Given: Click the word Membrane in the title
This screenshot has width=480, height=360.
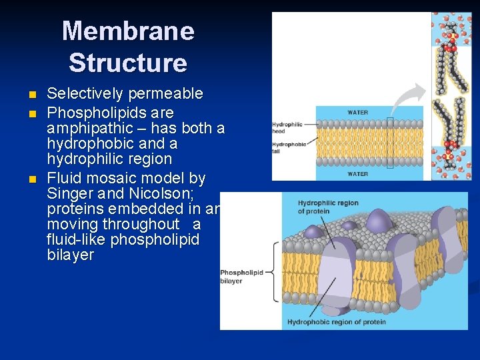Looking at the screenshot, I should [128, 31].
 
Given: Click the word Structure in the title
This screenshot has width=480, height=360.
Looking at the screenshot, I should [128, 63].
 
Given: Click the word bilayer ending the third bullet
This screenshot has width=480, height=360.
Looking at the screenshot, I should [71, 255].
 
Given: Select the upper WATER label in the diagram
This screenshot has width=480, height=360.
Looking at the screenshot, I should [357, 112].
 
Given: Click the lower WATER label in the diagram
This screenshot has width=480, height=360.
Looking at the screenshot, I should [357, 174].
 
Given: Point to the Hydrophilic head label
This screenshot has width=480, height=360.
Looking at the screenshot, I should [287, 127].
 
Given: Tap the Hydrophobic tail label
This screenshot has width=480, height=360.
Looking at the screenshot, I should [289, 147].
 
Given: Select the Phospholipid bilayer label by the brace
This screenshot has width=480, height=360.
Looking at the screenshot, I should [242, 276].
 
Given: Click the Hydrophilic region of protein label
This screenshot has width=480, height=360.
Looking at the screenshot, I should [327, 207].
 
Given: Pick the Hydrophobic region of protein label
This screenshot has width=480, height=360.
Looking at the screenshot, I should [337, 322].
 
